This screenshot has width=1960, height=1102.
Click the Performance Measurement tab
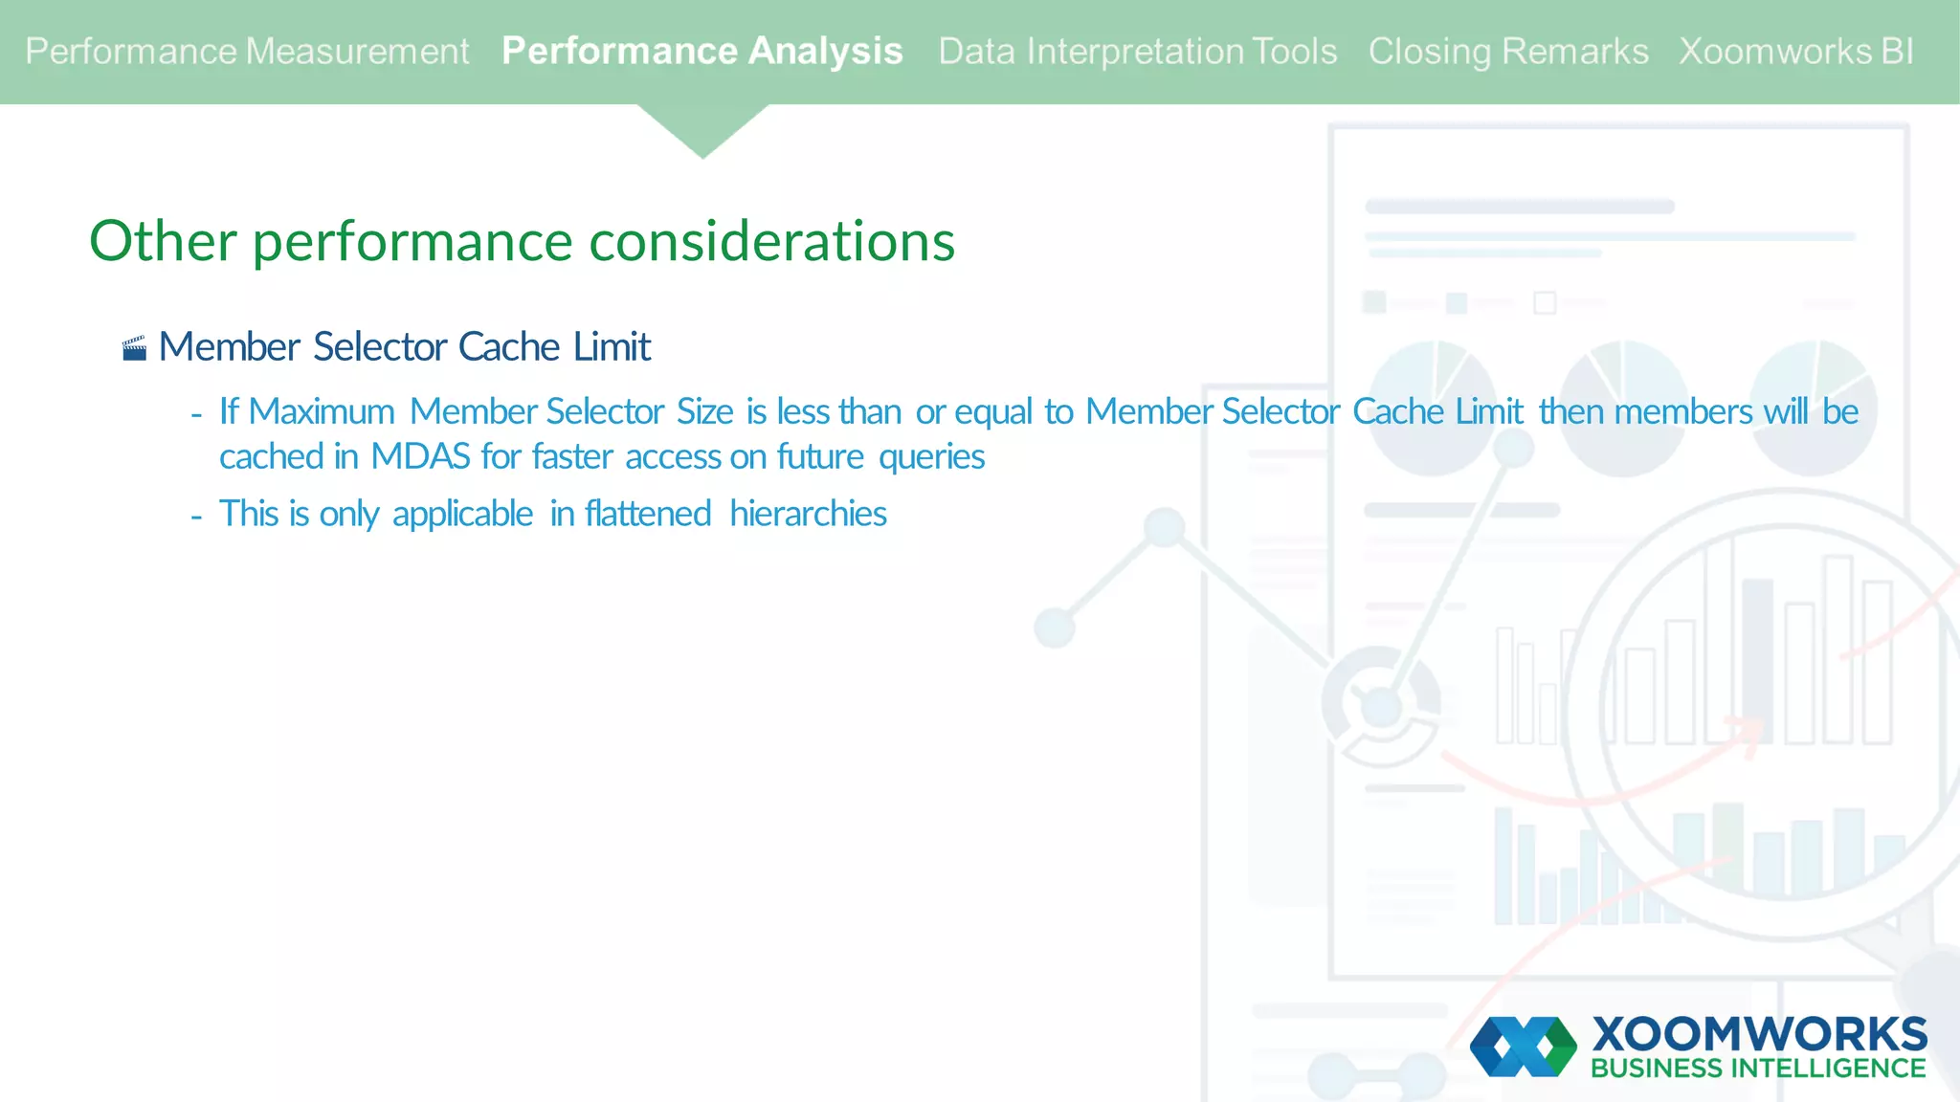[x=247, y=52]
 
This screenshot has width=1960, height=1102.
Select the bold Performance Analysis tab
[x=702, y=52]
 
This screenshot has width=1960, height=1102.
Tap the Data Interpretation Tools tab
[x=1137, y=52]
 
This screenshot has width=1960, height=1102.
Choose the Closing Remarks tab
[x=1507, y=52]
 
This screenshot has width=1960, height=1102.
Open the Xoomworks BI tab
[x=1795, y=52]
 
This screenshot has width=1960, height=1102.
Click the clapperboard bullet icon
[x=135, y=348]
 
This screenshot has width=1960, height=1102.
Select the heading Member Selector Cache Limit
[x=404, y=346]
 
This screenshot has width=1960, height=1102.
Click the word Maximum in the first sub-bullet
[x=322, y=411]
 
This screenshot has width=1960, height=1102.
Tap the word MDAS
[x=420, y=456]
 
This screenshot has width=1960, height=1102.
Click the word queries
[x=931, y=457]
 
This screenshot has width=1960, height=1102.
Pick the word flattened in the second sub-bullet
[x=648, y=514]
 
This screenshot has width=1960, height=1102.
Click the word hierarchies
[x=808, y=514]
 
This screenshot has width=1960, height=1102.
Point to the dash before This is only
[x=196, y=517]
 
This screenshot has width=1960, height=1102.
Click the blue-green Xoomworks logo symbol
[x=1523, y=1047]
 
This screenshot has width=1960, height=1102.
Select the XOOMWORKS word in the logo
[x=1759, y=1034]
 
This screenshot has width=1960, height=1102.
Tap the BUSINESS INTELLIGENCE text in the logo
[x=1757, y=1069]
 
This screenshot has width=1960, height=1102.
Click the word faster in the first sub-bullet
[x=571, y=456]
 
